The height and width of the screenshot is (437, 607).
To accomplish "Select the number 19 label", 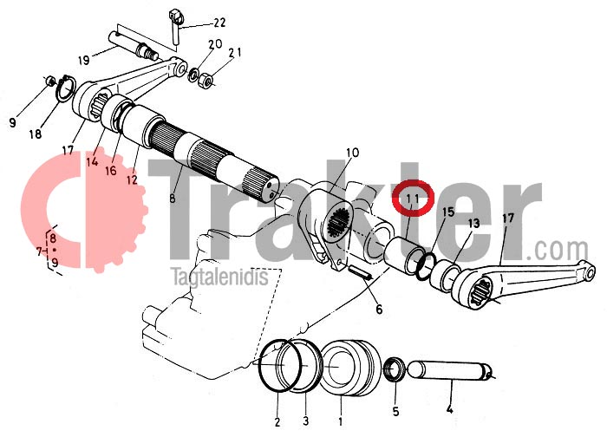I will (x=83, y=60).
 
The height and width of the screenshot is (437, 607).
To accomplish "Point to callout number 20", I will (x=215, y=43).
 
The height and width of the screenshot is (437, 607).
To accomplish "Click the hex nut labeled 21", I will (x=206, y=82).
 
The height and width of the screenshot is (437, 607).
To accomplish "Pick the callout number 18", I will (x=36, y=134).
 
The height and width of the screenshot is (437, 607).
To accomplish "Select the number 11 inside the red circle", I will (x=413, y=199).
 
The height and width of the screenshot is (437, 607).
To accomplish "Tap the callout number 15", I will (x=447, y=212).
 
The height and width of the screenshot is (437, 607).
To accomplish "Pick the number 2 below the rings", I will (x=277, y=422).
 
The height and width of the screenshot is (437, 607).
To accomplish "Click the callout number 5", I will (x=395, y=411).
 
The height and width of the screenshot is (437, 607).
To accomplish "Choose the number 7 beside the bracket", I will (x=39, y=251).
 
